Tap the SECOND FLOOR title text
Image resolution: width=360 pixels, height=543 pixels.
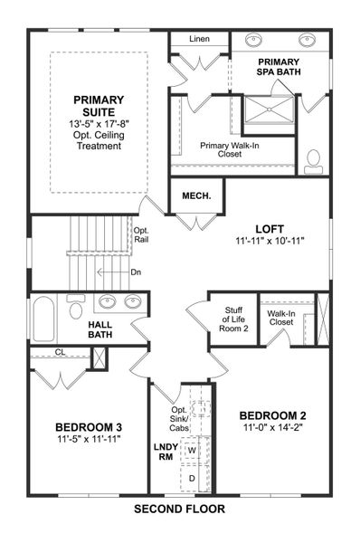click(179, 510)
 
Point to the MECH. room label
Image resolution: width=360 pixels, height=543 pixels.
click(195, 195)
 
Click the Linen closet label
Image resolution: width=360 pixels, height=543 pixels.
click(200, 40)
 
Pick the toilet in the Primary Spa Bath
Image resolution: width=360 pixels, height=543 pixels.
click(314, 161)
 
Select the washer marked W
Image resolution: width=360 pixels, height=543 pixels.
click(192, 449)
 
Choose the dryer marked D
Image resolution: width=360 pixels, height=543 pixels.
click(192, 477)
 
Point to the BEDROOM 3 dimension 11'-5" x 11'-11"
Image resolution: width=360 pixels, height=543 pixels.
click(89, 439)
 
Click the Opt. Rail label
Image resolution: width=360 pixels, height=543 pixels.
click(141, 234)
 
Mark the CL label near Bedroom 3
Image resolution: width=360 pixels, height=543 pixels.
click(60, 352)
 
